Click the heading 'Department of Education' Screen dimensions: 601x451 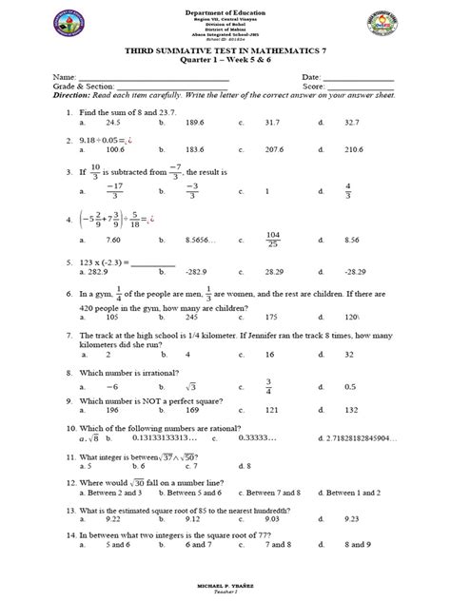click(x=224, y=8)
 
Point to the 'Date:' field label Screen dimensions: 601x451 click(x=312, y=75)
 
